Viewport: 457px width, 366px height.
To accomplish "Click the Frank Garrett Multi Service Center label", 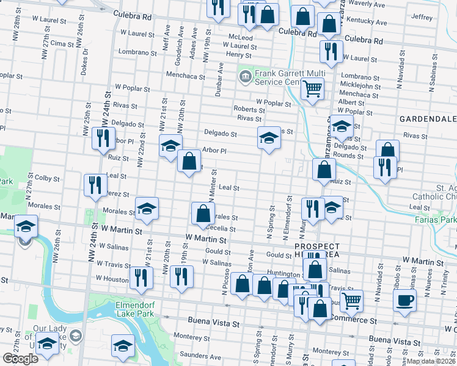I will point(276,77).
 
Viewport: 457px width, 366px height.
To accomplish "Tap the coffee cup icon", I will point(404,300).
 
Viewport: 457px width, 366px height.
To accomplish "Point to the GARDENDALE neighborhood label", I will point(428,118).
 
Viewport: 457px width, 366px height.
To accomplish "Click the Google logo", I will point(20,359).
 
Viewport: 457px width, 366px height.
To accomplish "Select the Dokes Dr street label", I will point(85,59).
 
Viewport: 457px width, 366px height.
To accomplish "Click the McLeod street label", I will point(240,37).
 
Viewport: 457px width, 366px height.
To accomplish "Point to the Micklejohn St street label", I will point(360,86).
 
